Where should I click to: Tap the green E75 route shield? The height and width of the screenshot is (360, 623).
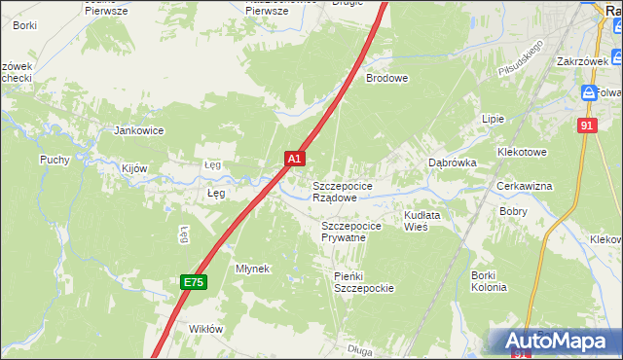[x=194, y=282]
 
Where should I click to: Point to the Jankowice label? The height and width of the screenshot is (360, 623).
[x=139, y=130]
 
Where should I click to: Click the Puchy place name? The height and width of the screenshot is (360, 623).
[x=55, y=160]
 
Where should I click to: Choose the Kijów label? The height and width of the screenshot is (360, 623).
[x=134, y=168]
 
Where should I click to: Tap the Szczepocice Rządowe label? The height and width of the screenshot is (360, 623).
[x=340, y=191]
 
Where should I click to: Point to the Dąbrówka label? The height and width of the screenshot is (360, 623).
[x=453, y=163]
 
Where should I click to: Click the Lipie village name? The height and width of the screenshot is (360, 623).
[x=493, y=119]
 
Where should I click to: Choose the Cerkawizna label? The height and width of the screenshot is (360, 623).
[x=551, y=186]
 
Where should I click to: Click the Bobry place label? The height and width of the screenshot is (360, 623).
[x=513, y=210]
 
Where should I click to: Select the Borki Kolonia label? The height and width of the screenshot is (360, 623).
[x=489, y=281]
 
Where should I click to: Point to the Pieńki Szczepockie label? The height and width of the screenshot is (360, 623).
[x=363, y=282]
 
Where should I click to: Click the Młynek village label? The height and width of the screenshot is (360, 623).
[x=252, y=268]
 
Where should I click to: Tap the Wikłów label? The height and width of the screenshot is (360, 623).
[x=205, y=329]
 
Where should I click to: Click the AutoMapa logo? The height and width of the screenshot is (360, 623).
[x=558, y=342]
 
